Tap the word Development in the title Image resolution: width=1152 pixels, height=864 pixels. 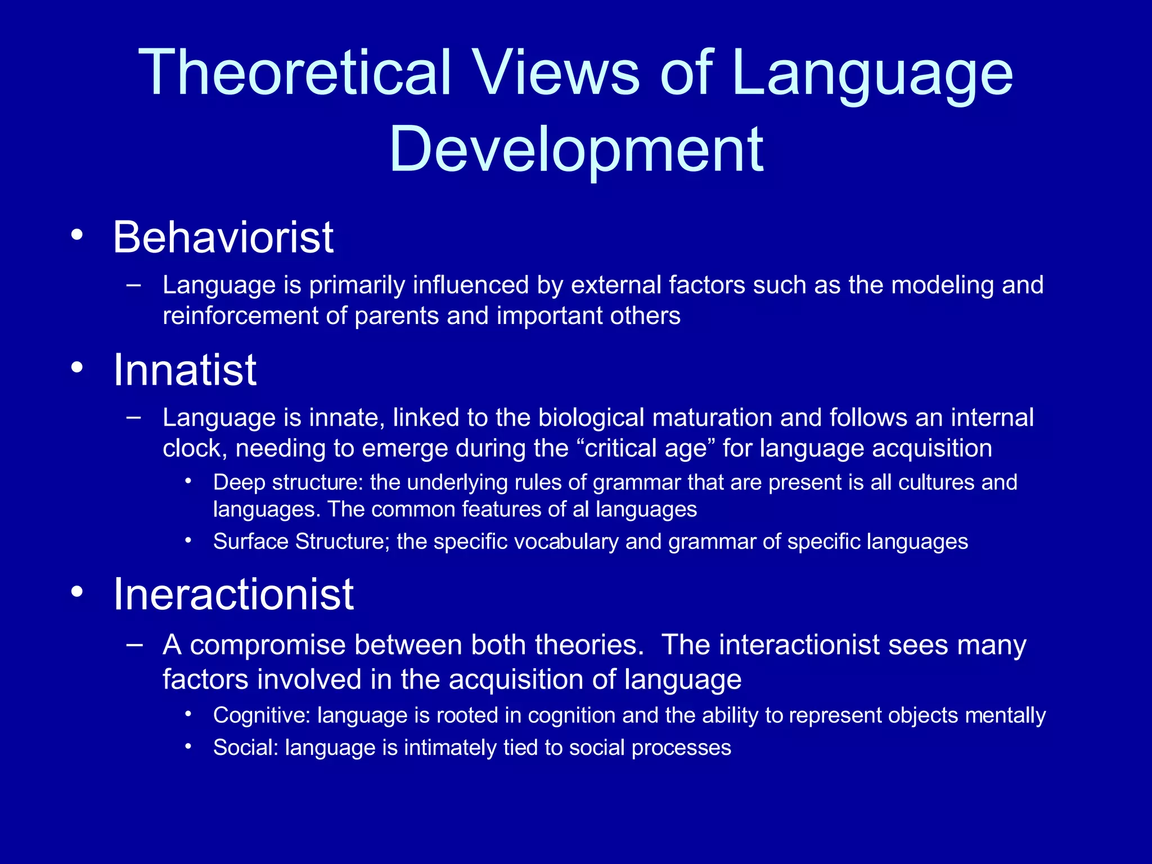576,149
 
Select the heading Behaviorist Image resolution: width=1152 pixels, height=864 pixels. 223,237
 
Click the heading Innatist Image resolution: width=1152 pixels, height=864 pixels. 184,370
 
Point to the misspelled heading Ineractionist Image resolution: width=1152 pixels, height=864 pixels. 233,595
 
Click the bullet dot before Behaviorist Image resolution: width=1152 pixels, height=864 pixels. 77,235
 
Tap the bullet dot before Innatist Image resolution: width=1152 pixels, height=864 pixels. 77,368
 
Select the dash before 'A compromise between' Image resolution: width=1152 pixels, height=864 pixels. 134,644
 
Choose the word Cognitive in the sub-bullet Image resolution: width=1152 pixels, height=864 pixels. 262,715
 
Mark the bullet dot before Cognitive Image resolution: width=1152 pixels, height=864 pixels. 188,714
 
